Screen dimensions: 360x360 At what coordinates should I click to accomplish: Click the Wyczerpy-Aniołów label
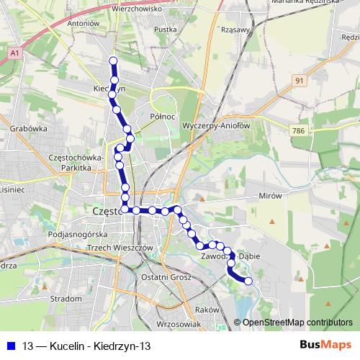216,124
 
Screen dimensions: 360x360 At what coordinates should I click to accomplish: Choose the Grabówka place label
29,130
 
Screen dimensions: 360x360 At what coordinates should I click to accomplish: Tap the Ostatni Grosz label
166,277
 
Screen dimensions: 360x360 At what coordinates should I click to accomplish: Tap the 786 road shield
299,130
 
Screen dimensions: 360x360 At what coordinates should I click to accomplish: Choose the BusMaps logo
325,346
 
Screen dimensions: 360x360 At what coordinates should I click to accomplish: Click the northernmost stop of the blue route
113,60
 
